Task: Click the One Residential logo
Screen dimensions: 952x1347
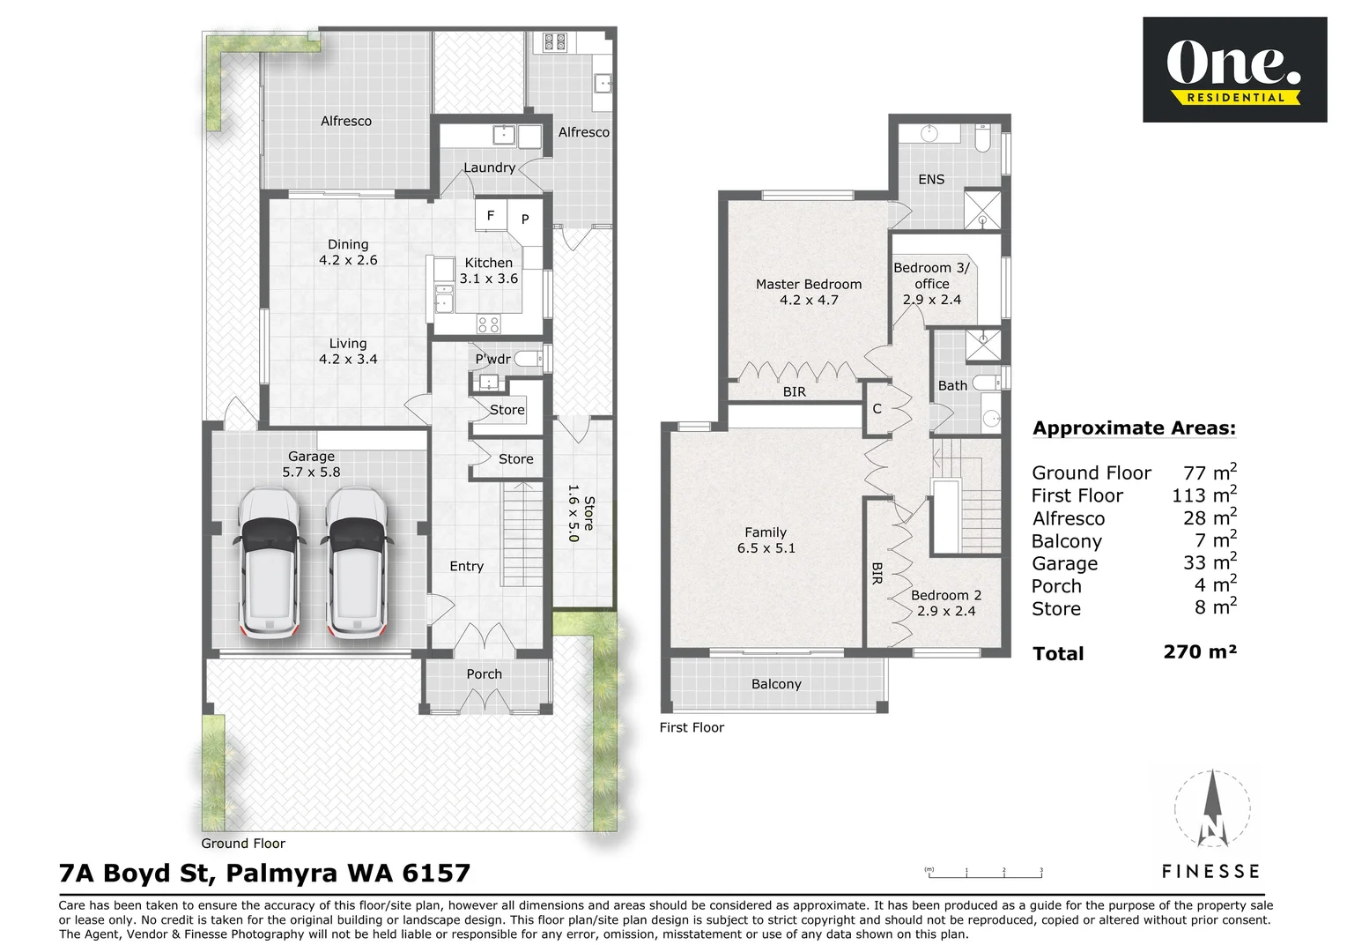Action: click(x=1234, y=69)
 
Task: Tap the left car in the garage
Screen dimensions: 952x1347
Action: click(x=269, y=562)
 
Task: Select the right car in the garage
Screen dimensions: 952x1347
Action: click(x=357, y=562)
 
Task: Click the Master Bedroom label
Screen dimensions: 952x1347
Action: click(x=808, y=284)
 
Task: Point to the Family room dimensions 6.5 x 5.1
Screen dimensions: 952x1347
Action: click(x=766, y=548)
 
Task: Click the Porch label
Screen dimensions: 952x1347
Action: click(x=484, y=674)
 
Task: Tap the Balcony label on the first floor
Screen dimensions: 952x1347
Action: click(x=776, y=684)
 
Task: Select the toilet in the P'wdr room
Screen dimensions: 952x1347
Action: click(x=529, y=359)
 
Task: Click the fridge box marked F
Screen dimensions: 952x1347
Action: click(x=491, y=215)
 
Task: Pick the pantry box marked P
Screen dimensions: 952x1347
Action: click(x=525, y=219)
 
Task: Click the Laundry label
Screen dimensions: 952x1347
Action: click(x=489, y=167)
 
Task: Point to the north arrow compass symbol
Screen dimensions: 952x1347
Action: click(x=1212, y=809)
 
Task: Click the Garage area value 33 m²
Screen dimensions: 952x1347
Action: click(x=1210, y=562)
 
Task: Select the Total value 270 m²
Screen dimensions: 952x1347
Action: click(x=1200, y=652)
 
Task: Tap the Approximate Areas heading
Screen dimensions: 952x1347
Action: click(x=1134, y=428)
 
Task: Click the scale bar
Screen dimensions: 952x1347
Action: click(x=985, y=874)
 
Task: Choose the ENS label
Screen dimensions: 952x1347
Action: click(x=931, y=180)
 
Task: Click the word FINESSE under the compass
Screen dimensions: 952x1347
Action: click(x=1211, y=872)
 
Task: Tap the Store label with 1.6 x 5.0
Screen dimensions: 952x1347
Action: click(x=581, y=513)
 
